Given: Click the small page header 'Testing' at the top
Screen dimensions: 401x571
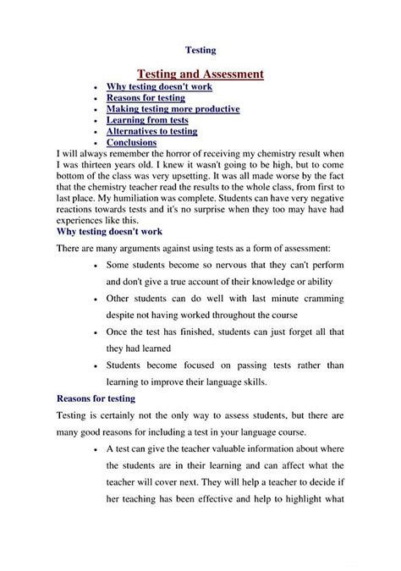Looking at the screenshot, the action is pos(200,50).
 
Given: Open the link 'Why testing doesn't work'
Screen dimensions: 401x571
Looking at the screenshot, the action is pos(159,86).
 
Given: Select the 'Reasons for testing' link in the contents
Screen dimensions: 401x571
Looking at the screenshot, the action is pos(146,98).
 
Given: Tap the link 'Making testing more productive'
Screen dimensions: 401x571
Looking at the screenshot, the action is pos(173,109).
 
